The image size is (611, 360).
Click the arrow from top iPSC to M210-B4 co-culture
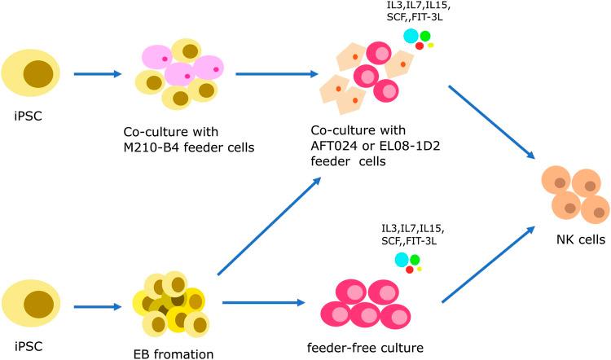pyautogui.click(x=99, y=74)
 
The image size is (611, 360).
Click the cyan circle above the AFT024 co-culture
pyautogui.click(x=411, y=35)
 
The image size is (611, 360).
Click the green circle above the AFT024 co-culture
pyautogui.click(x=425, y=36)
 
